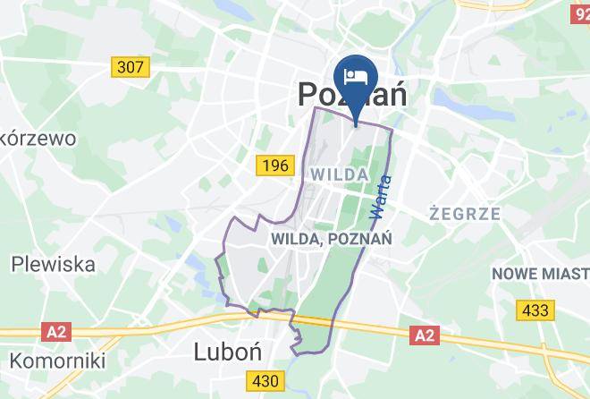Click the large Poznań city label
coord(351,94)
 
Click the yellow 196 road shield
coord(274,166)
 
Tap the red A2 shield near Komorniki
coord(55,332)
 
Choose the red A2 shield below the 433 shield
coord(425,335)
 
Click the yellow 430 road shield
coord(265,382)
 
